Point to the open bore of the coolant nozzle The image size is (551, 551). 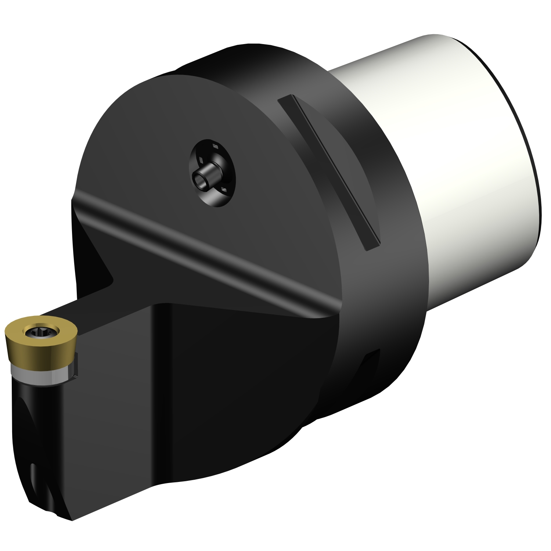(x=200, y=180)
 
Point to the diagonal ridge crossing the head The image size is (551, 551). (x=206, y=250)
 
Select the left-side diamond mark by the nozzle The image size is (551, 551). (x=201, y=160)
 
